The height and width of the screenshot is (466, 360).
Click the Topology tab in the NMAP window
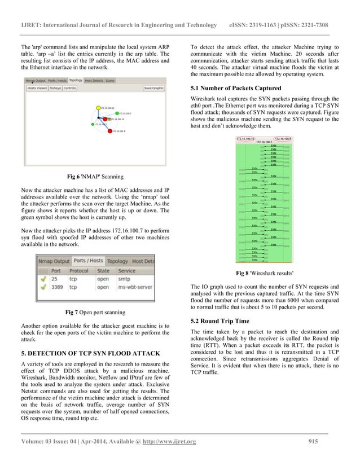tap(75, 81)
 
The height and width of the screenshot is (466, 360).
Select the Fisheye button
tap(55, 88)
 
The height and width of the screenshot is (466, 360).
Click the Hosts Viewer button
tap(38, 88)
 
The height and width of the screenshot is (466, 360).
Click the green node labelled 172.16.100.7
tap(125, 113)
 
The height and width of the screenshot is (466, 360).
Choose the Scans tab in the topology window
tap(110, 81)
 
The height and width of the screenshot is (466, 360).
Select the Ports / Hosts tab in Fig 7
tap(88, 261)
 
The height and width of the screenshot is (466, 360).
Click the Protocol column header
tap(79, 270)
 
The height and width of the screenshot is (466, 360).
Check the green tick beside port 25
tap(43, 279)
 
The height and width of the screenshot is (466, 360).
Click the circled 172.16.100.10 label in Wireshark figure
tap(245, 138)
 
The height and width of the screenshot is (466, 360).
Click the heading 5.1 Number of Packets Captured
tap(236, 88)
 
